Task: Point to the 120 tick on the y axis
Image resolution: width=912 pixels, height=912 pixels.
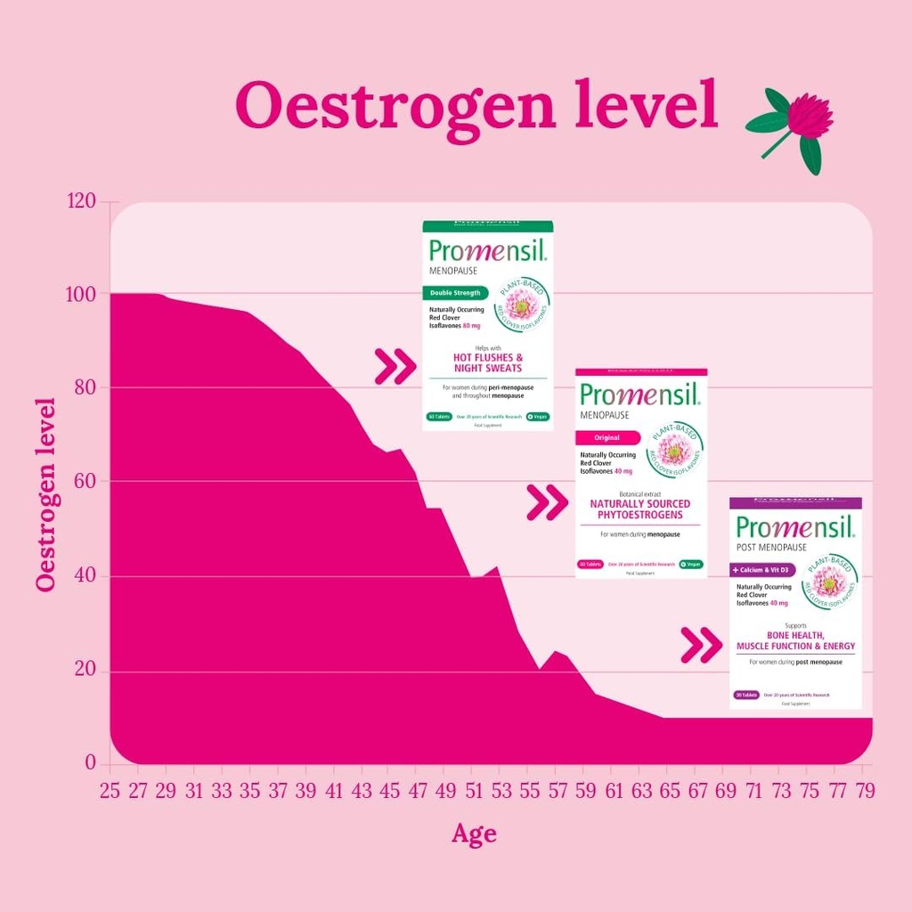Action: [x=82, y=202]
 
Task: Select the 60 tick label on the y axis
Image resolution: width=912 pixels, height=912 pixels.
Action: [x=82, y=482]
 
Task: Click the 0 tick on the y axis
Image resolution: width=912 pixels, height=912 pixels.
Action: [x=90, y=763]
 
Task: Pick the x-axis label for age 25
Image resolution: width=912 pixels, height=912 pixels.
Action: [x=110, y=791]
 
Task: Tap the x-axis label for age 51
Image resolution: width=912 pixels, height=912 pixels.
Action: [x=475, y=791]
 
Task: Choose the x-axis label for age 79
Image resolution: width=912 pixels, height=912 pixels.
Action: [x=864, y=791]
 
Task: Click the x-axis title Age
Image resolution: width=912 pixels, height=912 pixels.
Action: [x=474, y=834]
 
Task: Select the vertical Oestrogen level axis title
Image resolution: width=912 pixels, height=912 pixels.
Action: [x=46, y=493]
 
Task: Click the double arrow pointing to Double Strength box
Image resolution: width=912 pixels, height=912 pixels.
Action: [x=395, y=366]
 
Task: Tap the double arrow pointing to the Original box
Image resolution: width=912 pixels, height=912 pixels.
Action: [x=547, y=502]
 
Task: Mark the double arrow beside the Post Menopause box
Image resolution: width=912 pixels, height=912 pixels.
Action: [x=701, y=646]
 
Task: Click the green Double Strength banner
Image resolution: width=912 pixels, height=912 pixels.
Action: [x=456, y=292]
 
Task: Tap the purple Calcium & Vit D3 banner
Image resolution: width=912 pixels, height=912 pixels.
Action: [x=762, y=570]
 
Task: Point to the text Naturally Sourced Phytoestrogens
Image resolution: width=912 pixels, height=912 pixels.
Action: [x=640, y=509]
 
